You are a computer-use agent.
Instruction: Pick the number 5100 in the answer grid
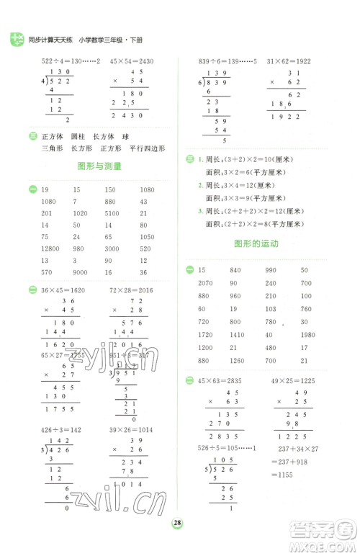pyautogui.click(x=112, y=213)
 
